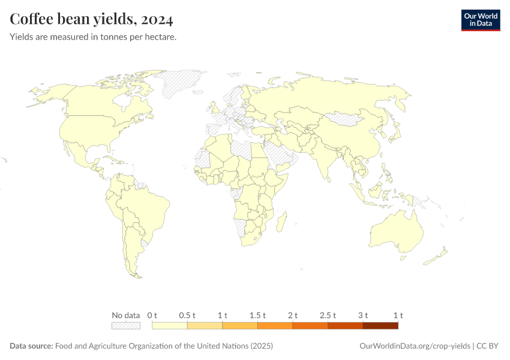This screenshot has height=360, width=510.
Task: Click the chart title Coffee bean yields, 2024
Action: click(x=92, y=19)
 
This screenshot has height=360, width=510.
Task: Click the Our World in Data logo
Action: click(x=480, y=20)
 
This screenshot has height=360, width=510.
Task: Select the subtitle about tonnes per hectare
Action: click(x=92, y=37)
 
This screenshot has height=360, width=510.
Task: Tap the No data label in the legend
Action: click(x=126, y=315)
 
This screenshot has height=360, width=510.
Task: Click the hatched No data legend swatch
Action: click(x=126, y=326)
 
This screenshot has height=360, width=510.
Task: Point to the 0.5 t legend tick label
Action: click(x=187, y=315)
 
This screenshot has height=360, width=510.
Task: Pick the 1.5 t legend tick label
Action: click(x=257, y=315)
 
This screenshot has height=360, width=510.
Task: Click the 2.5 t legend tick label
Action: click(x=328, y=315)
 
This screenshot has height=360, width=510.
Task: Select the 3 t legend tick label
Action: click(x=363, y=315)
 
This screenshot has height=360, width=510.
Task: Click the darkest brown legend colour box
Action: click(x=380, y=326)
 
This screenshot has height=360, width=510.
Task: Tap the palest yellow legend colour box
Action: click(x=170, y=326)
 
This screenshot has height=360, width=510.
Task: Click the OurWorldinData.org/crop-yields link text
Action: click(x=414, y=346)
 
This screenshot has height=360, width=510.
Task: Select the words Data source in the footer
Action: click(x=31, y=346)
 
